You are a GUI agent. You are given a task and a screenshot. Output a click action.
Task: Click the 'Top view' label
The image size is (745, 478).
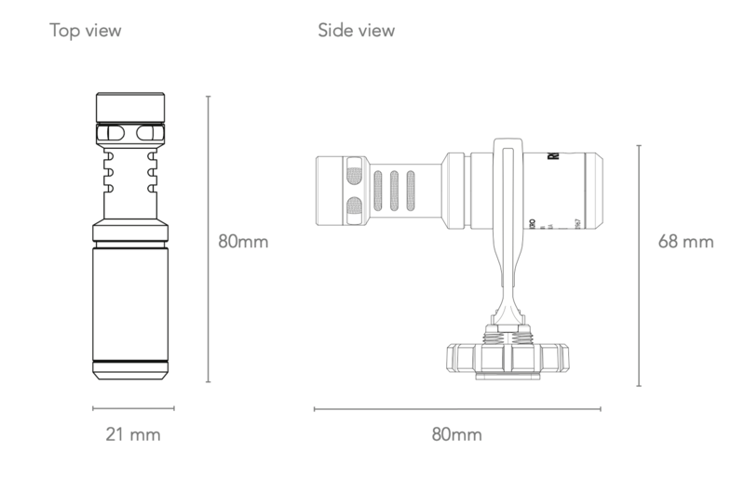pos(85,31)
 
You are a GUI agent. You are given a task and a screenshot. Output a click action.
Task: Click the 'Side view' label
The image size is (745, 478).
pos(356,31)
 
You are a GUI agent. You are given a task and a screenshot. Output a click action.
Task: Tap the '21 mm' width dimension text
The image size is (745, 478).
pos(131,433)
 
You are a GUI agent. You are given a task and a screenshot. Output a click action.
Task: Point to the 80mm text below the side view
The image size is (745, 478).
pos(456,434)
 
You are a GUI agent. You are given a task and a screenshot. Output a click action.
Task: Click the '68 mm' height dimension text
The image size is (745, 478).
pos(685,242)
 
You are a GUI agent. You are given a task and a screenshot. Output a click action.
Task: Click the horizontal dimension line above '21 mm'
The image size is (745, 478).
pos(133,407)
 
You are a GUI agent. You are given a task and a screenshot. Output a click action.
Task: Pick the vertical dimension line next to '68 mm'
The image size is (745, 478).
pos(639,265)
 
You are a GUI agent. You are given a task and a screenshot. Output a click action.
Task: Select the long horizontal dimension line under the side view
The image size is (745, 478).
pos(457,407)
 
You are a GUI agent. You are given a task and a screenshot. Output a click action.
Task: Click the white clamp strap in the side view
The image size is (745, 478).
pos(510,214)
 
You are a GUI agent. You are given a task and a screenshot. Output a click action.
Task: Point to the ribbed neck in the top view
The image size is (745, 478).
pos(131,177)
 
